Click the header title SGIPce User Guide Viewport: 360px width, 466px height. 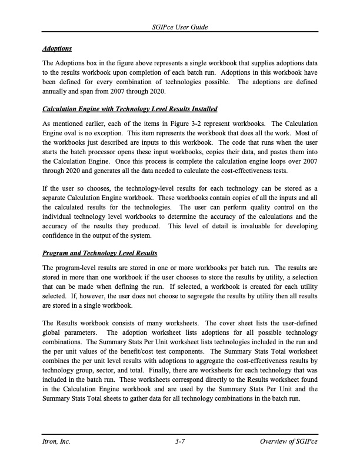click(180, 28)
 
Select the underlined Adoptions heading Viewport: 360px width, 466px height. click(57, 48)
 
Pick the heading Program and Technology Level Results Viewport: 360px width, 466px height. click(100, 254)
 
